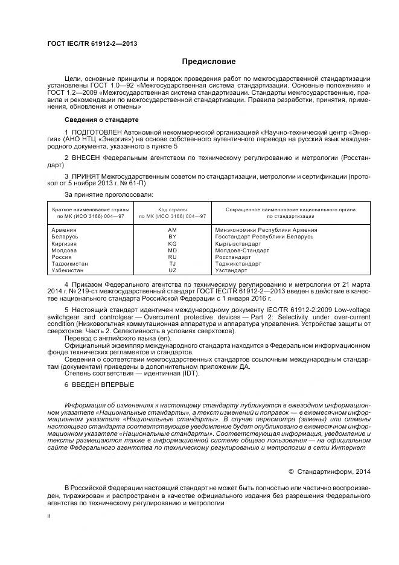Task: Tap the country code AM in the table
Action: point(172,230)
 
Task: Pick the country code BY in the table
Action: point(172,237)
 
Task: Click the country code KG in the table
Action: point(172,243)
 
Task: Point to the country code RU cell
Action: point(172,257)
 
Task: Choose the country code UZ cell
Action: point(172,270)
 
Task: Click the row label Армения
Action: point(64,230)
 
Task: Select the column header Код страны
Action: point(172,209)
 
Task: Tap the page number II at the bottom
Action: point(49,516)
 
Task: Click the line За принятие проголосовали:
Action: point(108,194)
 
